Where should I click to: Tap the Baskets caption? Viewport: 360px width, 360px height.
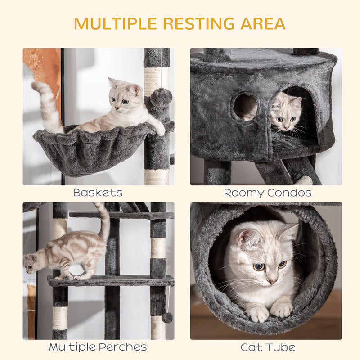(x=98, y=193)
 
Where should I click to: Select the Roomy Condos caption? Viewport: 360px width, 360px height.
(x=268, y=193)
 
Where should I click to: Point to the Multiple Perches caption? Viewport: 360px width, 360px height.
(x=98, y=347)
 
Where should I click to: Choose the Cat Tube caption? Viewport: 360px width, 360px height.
(x=268, y=347)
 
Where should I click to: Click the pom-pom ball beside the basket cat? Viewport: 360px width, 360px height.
(x=161, y=97)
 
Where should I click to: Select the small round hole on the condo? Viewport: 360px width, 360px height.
(x=245, y=107)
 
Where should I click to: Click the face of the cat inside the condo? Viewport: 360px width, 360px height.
(x=284, y=115)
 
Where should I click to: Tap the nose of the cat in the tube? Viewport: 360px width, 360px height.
(x=272, y=281)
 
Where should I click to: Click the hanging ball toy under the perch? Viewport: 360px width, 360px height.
(x=167, y=318)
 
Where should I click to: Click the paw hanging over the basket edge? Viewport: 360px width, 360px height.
(x=160, y=130)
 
